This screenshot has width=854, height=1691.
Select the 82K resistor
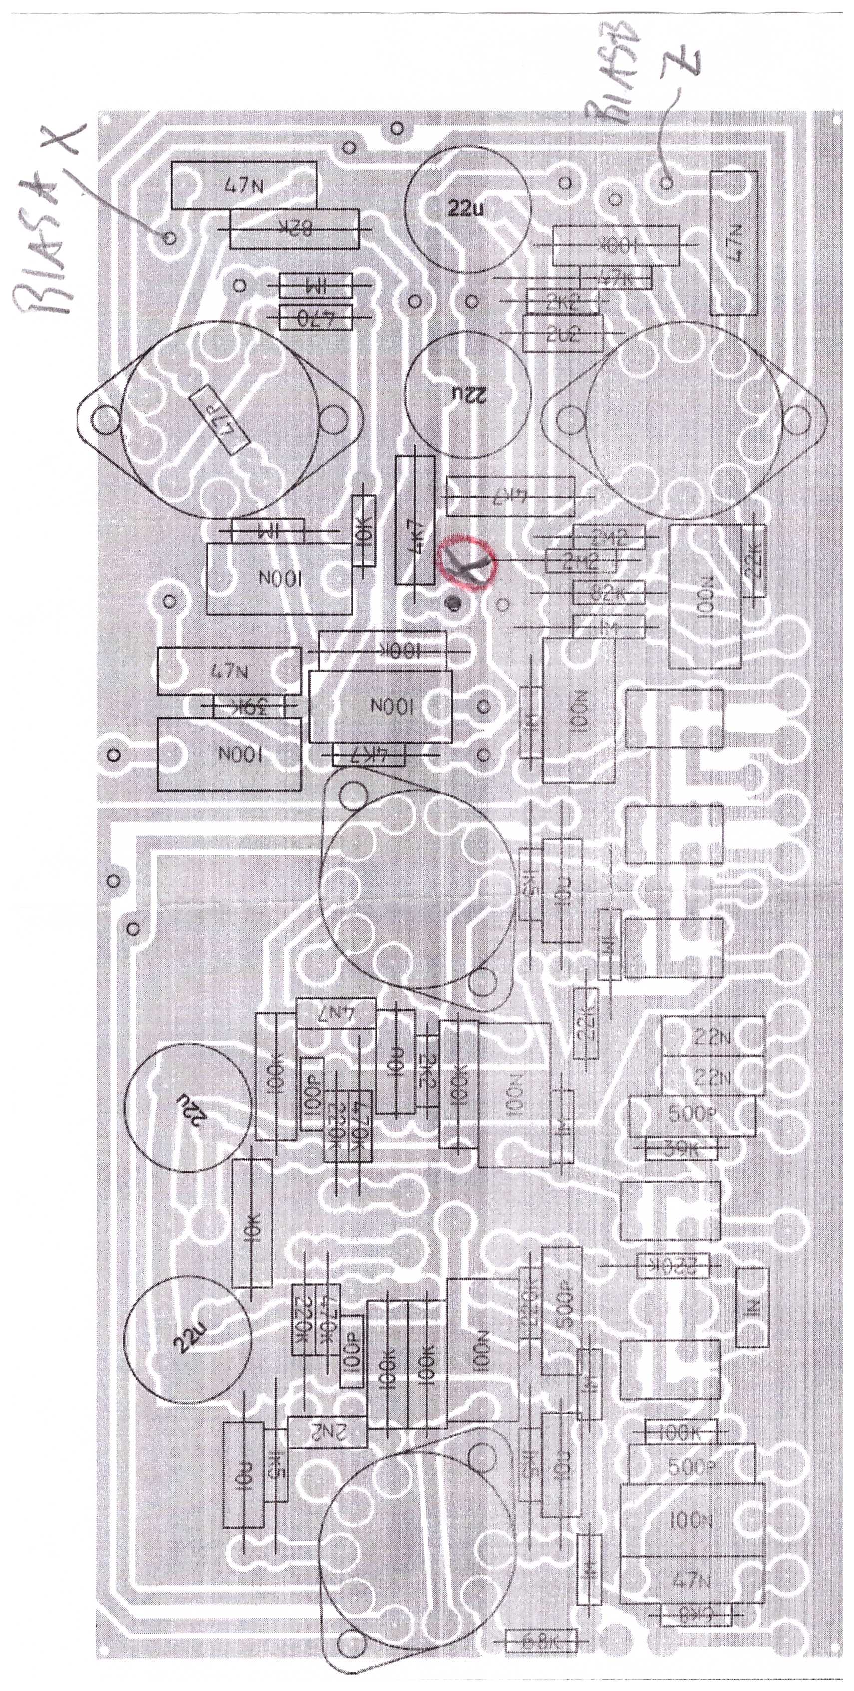click(x=295, y=229)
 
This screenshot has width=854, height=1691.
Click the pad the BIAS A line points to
click(x=169, y=237)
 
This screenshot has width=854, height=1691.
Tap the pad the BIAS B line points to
click(x=667, y=182)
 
